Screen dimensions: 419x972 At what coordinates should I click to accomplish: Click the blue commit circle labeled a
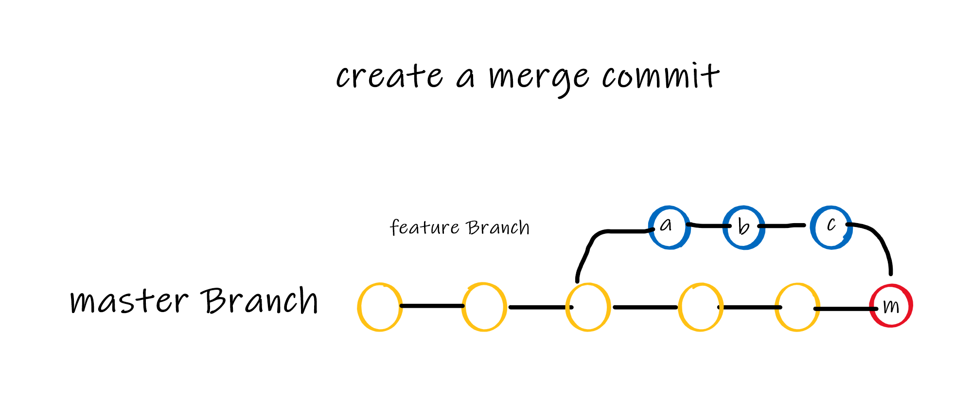[x=670, y=227]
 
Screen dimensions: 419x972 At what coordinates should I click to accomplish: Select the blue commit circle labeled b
[x=743, y=227]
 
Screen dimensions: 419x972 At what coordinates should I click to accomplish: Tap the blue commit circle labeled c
[x=831, y=227]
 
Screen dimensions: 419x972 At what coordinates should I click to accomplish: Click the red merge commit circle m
[x=891, y=306]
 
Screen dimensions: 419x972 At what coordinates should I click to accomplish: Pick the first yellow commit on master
[x=380, y=307]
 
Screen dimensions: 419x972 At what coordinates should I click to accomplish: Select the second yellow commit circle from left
[x=484, y=307]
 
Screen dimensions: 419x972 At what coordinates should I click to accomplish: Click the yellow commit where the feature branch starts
[x=588, y=307]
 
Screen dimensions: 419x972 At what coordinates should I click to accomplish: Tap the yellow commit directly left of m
[x=797, y=307]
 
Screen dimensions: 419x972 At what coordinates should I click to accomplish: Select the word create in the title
[x=389, y=77]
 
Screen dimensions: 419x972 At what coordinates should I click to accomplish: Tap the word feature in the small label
[x=424, y=227]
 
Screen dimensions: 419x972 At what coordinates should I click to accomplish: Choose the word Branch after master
[x=260, y=300]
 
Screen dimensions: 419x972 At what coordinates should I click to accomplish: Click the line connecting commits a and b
[x=707, y=226]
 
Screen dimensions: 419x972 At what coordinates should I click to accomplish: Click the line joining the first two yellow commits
[x=432, y=306]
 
